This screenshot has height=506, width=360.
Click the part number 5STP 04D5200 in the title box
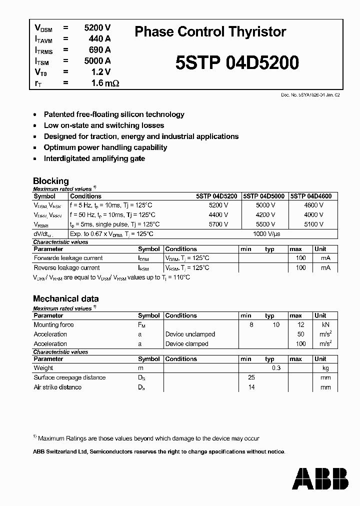click(x=237, y=63)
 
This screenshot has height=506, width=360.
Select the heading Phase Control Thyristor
click(x=210, y=32)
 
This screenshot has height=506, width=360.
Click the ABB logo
click(x=320, y=478)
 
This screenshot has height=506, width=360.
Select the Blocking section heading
click(x=50, y=181)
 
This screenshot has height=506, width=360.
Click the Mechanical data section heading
click(x=65, y=298)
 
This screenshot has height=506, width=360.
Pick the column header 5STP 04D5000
click(x=264, y=196)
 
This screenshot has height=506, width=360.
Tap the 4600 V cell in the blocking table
click(x=313, y=205)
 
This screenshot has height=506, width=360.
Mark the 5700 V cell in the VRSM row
click(x=218, y=224)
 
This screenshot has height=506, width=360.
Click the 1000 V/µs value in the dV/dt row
click(x=266, y=233)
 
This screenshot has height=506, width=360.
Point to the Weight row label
click(x=43, y=368)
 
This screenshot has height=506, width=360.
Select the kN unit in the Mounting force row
click(x=325, y=325)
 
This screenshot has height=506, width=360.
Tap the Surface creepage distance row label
click(x=69, y=377)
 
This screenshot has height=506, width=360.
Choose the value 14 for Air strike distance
click(x=251, y=387)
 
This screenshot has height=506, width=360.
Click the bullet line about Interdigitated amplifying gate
click(x=94, y=158)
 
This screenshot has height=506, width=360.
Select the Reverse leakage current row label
click(x=67, y=267)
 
